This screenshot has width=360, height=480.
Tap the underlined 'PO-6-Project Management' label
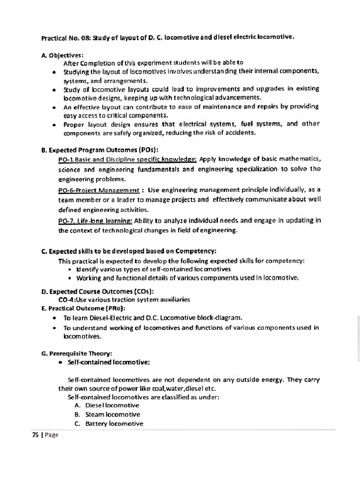click(x=99, y=190)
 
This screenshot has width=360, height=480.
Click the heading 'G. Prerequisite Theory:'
click(x=77, y=353)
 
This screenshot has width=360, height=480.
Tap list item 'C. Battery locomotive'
click(x=109, y=424)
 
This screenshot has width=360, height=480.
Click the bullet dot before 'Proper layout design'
click(x=55, y=125)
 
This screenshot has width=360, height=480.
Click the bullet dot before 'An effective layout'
click(x=55, y=107)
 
